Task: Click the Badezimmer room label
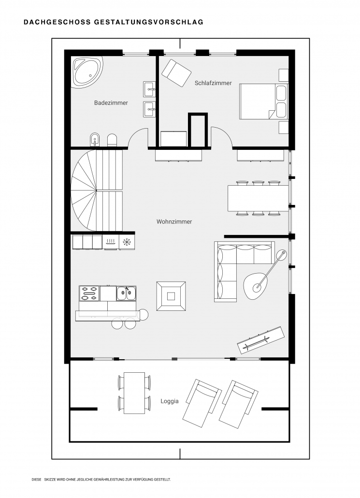(x=111, y=103)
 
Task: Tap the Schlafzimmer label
(x=213, y=83)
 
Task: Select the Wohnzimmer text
(x=174, y=222)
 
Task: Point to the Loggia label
(x=170, y=401)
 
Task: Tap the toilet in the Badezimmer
(x=112, y=140)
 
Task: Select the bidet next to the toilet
(x=95, y=139)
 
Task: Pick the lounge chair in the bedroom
(x=176, y=73)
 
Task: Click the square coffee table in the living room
(x=171, y=296)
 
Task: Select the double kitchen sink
(x=126, y=293)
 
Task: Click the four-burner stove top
(x=89, y=293)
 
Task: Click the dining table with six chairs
(x=258, y=198)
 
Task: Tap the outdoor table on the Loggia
(x=134, y=393)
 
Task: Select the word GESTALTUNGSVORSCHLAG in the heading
(x=149, y=22)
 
